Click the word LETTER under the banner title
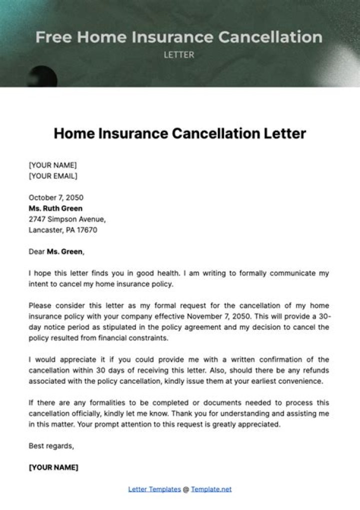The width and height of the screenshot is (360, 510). [179, 55]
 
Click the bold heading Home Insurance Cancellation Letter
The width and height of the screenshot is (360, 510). [179, 134]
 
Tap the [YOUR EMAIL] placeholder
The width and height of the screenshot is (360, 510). [53, 176]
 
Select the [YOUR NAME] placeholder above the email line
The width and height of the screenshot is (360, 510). [52, 165]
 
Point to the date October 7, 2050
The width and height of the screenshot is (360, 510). [56, 197]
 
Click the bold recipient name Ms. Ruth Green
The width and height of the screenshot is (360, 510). [55, 208]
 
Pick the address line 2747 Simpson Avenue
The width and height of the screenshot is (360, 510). [67, 219]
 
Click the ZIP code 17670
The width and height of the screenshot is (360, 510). [86, 230]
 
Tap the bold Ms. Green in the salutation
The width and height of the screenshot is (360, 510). [65, 252]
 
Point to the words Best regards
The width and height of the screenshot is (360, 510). [51, 445]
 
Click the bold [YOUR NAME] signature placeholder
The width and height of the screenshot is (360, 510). [53, 467]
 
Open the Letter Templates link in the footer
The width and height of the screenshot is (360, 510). [154, 489]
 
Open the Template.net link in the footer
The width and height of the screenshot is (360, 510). [211, 489]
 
